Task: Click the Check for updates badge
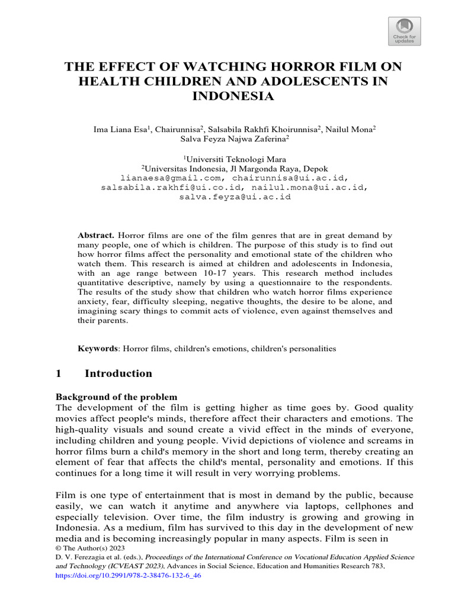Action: [405, 31]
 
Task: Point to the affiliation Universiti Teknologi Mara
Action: [235, 159]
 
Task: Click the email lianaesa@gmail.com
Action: [172, 178]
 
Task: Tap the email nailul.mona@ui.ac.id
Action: [315, 187]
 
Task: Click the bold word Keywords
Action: [98, 349]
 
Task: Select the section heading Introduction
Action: [118, 373]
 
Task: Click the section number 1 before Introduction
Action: [59, 373]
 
